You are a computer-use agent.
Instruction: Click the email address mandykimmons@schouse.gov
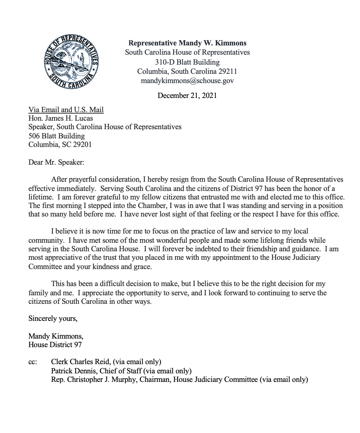click(x=187, y=81)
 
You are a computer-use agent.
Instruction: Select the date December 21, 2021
click(x=187, y=95)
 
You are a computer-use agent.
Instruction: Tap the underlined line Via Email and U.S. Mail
click(x=66, y=110)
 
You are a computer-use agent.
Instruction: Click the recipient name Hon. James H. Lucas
click(x=61, y=118)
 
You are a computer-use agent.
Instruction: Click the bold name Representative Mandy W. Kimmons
click(x=187, y=43)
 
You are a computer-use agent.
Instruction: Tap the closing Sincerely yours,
click(x=53, y=318)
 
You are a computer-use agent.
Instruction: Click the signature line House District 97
click(x=55, y=344)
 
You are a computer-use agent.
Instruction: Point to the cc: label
click(x=32, y=362)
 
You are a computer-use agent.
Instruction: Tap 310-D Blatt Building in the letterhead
click(x=187, y=62)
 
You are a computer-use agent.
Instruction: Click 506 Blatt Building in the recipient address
click(x=57, y=136)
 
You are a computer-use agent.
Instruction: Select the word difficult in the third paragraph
click(x=112, y=284)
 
